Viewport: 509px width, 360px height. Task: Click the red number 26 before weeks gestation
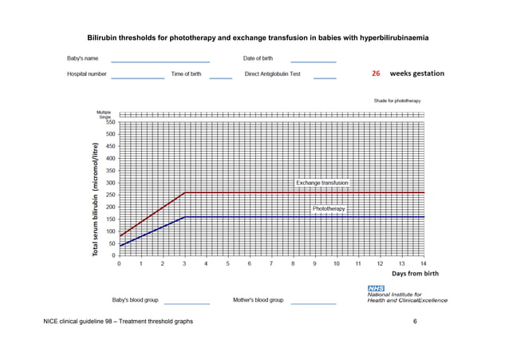point(376,73)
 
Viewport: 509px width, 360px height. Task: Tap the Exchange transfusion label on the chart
point(322,183)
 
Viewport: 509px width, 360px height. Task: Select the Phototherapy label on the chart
point(329,208)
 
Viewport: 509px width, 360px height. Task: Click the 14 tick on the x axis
point(423,263)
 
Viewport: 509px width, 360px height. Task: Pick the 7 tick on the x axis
point(271,263)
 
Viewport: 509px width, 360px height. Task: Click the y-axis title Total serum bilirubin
point(95,200)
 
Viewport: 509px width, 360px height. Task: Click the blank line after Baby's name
point(160,61)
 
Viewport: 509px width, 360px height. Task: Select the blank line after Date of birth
point(313,61)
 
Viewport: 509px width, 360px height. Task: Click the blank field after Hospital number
point(137,77)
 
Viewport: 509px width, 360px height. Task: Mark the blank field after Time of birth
point(220,77)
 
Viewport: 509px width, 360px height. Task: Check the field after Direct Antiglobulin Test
point(324,77)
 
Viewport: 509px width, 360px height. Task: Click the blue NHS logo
point(376,287)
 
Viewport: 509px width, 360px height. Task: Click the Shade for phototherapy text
point(397,101)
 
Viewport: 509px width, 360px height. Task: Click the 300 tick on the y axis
point(110,183)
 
